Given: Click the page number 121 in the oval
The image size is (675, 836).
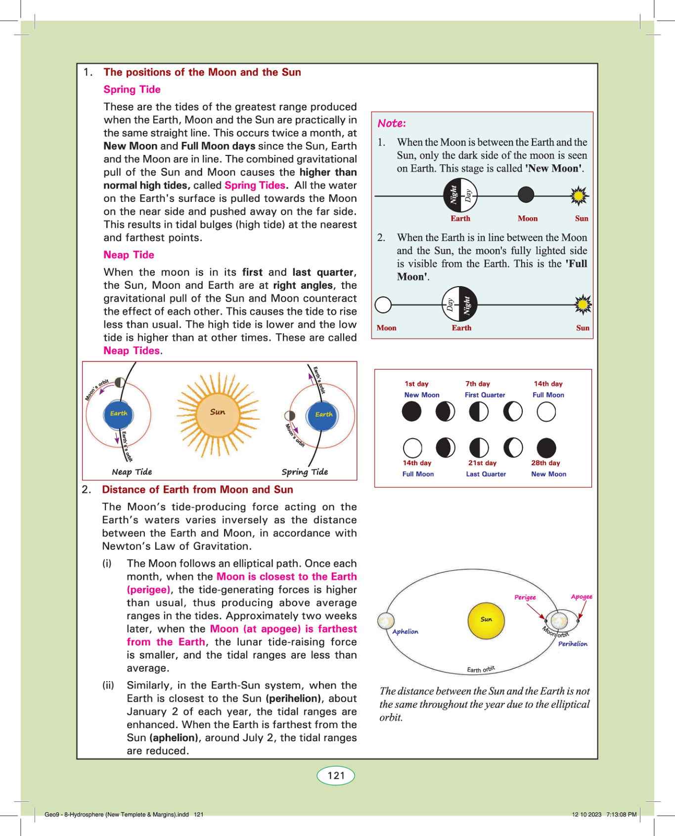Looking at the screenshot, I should [336, 776].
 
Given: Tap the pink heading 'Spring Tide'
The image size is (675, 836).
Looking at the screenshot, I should [132, 90].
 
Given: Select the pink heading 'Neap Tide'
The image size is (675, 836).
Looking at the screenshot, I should [129, 255].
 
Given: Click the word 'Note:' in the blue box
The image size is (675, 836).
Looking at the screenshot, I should [392, 123].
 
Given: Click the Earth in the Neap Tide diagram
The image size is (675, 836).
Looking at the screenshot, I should [119, 414].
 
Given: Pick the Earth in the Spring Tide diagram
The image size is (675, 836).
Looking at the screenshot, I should [323, 415].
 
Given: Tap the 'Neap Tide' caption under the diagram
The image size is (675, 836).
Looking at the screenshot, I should [132, 472].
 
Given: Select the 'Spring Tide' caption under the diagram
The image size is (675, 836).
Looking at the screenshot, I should [305, 472].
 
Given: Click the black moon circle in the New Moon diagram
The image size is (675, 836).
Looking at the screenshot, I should [526, 195].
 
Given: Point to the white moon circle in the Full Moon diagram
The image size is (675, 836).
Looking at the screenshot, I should [383, 305].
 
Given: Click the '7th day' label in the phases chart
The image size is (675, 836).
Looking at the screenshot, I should [478, 384].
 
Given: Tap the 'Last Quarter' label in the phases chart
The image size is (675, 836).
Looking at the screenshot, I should [486, 474].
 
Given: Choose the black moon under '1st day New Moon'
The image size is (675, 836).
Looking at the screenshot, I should [411, 412].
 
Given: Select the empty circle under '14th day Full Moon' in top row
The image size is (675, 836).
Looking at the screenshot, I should [546, 412].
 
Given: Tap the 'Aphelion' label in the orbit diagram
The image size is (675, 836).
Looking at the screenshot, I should [405, 632].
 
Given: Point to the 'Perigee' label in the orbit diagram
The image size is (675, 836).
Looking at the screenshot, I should [525, 597].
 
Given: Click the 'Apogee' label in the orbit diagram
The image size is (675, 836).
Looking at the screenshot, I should [582, 596].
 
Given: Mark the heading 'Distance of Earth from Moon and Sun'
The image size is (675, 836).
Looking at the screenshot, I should [197, 490].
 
